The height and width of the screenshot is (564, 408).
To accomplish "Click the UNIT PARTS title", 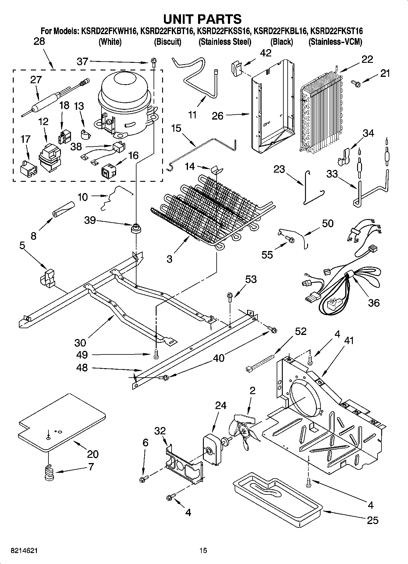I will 202,19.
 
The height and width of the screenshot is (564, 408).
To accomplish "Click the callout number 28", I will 39,41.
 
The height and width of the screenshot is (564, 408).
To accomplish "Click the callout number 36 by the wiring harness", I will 374,303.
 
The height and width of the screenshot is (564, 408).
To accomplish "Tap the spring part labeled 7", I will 49,472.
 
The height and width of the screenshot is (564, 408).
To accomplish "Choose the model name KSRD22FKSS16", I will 224,31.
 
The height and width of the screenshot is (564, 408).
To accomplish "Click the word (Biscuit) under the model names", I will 167,42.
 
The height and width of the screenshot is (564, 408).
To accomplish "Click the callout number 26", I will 218,116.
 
